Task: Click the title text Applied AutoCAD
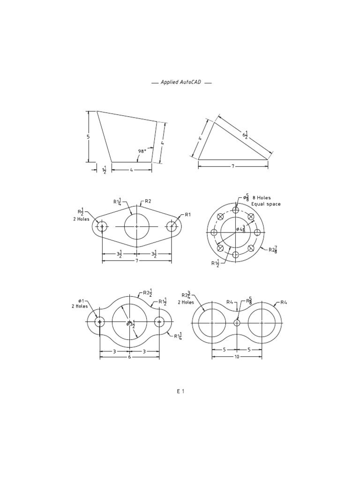[x=181, y=82]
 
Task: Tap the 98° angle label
[x=142, y=151]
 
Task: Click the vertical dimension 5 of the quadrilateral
[x=88, y=136]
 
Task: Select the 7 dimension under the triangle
[x=233, y=166]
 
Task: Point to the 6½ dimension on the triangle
[x=245, y=135]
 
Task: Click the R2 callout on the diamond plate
[x=148, y=201]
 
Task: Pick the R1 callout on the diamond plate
[x=188, y=214]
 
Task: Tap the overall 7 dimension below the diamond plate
[x=137, y=260]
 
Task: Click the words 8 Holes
[x=262, y=197]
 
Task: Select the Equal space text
[x=266, y=204]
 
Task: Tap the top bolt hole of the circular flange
[x=235, y=210]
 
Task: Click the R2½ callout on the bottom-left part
[x=147, y=293]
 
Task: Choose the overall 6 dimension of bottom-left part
[x=129, y=357]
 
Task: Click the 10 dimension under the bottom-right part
[x=237, y=357]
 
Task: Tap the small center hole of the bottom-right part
[x=237, y=322]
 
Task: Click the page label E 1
[x=180, y=391]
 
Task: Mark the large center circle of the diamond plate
[x=137, y=226]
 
